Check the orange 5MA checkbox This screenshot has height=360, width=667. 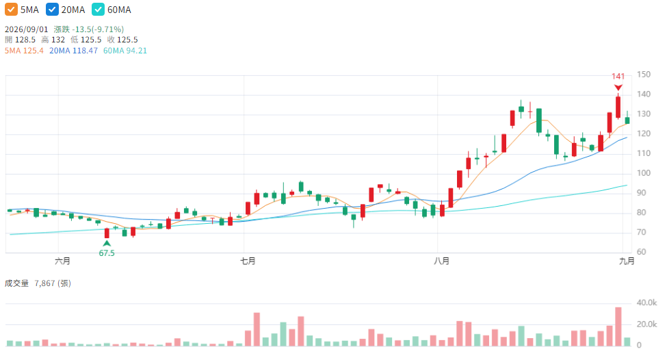pos(11,10)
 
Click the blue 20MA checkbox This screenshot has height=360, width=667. pos(52,10)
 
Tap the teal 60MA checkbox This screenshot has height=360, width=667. pos(99,10)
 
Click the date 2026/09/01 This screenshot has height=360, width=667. pos(27,29)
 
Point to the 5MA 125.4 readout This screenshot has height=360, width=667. pos(24,51)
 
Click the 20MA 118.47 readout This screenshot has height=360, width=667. pos(73,51)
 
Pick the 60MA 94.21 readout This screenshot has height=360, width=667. pos(125,51)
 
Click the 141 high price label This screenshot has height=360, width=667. pos(618,76)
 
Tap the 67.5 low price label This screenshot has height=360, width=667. pos(107,253)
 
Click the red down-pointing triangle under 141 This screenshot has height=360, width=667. pos(618,88)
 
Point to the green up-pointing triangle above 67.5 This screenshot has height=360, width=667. pos(107,244)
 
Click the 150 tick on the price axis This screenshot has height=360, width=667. pos(644,75)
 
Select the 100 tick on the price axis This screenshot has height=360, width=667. pos(644,173)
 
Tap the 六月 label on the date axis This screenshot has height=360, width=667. pos(62,261)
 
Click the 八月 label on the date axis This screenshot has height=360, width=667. pos(441,261)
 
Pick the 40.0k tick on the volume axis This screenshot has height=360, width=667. pos(646,303)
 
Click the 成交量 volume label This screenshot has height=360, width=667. pos(16,283)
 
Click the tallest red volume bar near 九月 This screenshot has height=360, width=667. pos(618,326)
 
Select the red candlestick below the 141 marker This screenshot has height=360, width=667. pos(618,107)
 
